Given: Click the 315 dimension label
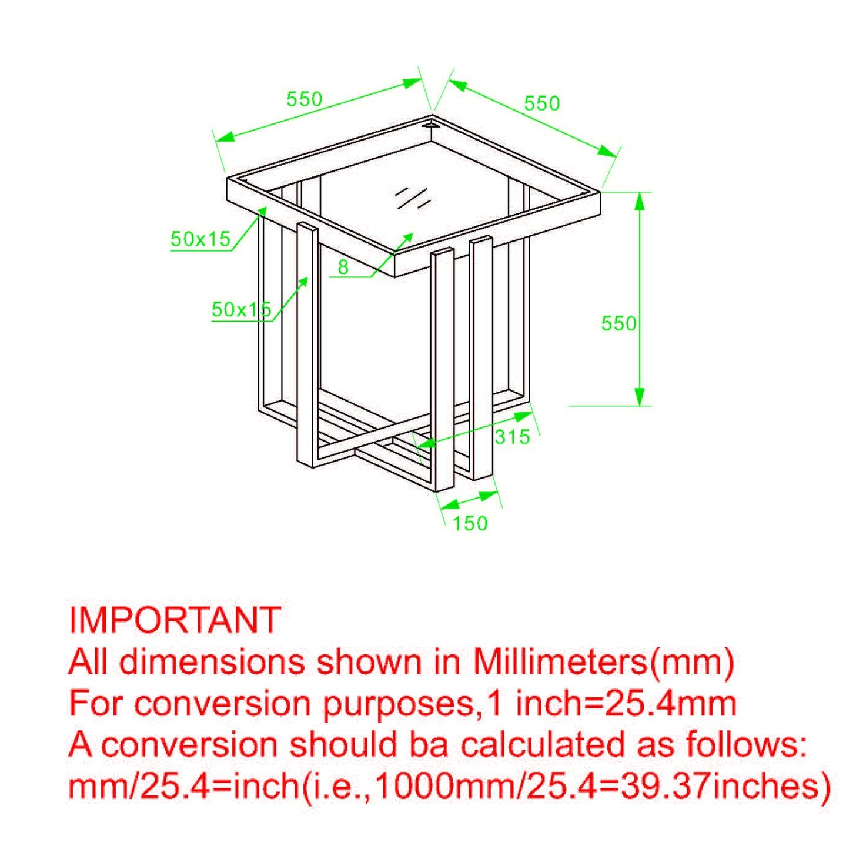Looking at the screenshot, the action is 513,437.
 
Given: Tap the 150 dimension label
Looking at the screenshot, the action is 470,524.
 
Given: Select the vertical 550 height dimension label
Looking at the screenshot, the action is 619,323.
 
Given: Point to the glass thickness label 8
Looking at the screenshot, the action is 343,267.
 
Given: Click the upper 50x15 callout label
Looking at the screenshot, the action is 201,240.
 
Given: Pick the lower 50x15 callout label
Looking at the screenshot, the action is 241,309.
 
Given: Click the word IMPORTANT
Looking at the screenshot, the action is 175,620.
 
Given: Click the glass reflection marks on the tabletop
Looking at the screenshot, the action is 412,197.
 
